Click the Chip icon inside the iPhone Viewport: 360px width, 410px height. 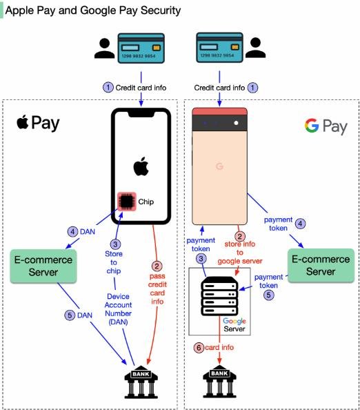127,202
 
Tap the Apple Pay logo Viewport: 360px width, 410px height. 38,123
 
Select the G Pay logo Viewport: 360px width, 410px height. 326,126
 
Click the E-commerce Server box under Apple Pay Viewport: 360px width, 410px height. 43,266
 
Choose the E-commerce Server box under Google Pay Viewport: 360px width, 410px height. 321,266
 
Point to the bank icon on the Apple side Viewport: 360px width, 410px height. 141,382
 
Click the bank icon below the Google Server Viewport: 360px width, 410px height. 219,382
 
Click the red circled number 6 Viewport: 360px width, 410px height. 199,347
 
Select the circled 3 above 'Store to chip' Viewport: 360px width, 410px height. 115,244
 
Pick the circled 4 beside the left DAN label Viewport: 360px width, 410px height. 72,232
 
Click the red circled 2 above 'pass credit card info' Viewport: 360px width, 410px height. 157,266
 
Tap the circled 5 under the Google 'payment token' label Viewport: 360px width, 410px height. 268,295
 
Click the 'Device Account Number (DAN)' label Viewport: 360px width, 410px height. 118,309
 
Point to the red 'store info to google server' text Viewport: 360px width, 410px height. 240,253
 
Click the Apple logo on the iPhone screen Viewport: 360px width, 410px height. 141,166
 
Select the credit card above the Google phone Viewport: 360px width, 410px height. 219,48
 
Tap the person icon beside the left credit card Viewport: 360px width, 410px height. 105,48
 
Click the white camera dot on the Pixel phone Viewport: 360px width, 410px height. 236,123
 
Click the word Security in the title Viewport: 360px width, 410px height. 161,10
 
